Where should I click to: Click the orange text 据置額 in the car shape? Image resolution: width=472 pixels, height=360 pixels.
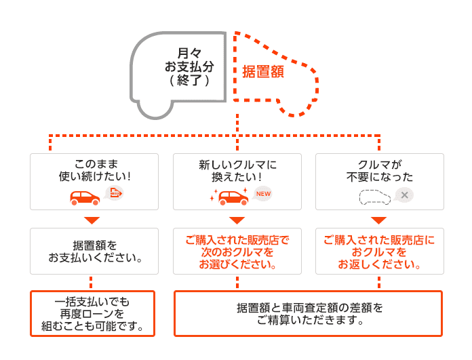click(263, 71)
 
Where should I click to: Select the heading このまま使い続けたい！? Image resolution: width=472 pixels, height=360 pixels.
click(94, 170)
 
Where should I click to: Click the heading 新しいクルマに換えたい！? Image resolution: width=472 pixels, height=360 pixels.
click(237, 170)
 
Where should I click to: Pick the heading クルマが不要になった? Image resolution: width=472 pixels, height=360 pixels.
click(380, 170)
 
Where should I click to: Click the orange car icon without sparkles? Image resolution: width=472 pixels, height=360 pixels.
click(85, 196)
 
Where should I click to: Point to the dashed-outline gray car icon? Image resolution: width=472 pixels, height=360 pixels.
click(375, 197)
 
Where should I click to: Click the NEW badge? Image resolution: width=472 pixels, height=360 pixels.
click(262, 195)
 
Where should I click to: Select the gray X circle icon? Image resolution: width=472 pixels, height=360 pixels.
click(404, 195)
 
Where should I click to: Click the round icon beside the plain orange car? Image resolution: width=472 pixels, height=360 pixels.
click(115, 195)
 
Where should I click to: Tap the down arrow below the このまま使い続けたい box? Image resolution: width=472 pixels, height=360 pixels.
click(94, 220)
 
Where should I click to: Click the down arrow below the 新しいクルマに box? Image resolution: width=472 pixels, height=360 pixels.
click(237, 220)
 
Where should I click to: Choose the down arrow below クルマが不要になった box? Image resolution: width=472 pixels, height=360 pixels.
click(380, 220)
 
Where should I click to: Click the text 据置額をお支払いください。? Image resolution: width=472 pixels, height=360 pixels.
click(94, 251)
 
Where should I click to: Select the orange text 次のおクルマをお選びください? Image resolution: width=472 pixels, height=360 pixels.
click(237, 252)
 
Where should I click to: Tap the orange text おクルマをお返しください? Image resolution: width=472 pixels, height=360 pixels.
click(380, 252)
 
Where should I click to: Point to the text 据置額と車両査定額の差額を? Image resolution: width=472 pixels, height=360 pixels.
click(309, 308)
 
